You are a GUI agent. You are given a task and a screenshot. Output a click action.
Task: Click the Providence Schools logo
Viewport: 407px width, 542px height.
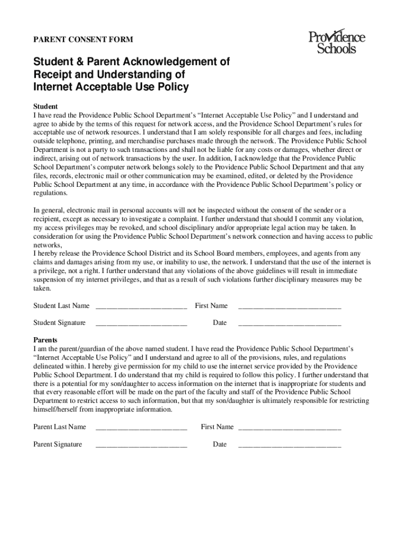tap(337, 42)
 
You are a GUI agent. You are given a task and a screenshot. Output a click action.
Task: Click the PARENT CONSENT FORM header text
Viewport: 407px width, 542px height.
tap(84, 39)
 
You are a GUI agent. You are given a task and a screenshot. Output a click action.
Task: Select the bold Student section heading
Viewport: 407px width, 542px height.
tap(45, 106)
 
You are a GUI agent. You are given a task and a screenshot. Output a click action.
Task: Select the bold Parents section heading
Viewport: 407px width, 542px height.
tap(45, 340)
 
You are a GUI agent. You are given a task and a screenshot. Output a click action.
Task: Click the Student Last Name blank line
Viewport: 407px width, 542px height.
tap(141, 306)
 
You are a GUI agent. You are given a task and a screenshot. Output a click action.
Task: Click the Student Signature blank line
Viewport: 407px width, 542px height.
tap(141, 323)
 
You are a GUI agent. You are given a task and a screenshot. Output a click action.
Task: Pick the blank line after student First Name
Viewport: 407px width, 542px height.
tap(290, 306)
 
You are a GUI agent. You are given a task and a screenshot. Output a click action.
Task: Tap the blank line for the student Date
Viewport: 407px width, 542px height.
tap(290, 323)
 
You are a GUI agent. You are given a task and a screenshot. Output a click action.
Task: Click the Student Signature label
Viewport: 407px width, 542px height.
tap(59, 323)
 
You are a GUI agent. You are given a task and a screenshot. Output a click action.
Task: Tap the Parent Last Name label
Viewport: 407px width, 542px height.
tap(60, 427)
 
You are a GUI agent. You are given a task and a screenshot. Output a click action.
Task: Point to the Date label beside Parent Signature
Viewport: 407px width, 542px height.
tap(220, 445)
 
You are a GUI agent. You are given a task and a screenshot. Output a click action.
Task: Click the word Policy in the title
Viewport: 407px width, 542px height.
tap(172, 87)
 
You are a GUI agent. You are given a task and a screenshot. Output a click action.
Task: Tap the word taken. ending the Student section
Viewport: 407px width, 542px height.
tap(42, 288)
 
